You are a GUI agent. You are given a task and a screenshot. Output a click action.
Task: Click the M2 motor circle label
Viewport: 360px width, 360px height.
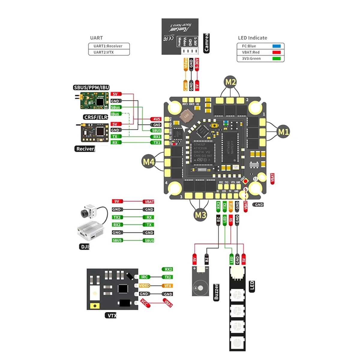point(230,82)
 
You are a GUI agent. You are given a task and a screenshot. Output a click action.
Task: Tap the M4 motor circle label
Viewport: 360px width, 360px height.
point(148,162)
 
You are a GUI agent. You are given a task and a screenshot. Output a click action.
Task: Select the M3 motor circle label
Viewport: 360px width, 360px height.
point(200,215)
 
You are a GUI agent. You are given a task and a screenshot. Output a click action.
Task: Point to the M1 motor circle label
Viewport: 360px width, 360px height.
point(283,132)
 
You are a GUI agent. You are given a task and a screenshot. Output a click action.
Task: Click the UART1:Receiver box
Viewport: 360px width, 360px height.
point(109,46)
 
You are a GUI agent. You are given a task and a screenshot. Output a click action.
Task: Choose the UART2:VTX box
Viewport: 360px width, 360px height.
point(109,52)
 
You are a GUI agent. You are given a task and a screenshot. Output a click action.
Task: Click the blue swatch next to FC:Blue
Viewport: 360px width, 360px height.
point(276,46)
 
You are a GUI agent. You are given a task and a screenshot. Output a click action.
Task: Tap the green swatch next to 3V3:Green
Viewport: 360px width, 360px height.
point(276,58)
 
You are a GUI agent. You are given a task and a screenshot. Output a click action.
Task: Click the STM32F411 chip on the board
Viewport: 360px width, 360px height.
point(202,150)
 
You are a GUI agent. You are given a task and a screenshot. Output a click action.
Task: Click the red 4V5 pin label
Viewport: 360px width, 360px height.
point(156,119)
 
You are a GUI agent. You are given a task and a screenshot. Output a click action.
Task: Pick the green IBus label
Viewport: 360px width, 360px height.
point(115,114)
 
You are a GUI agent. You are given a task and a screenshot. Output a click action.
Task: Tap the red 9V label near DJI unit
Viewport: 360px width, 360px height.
point(117,201)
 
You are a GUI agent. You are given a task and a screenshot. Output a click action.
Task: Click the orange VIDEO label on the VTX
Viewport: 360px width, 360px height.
point(144,286)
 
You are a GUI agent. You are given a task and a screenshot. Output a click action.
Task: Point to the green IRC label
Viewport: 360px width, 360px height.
point(144,277)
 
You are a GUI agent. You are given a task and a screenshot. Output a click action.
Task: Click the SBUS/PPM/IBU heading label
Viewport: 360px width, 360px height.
point(91,88)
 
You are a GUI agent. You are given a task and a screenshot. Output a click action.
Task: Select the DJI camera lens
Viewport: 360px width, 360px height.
point(85,213)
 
